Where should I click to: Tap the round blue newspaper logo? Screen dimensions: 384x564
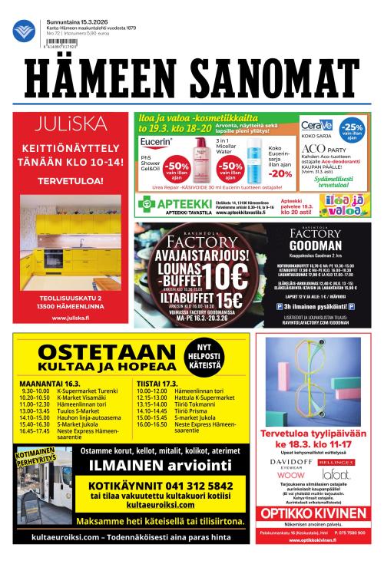pyautogui.click(x=23, y=31)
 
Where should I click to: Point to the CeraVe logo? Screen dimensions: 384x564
pyautogui.click(x=316, y=125)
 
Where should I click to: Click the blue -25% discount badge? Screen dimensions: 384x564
pyautogui.click(x=353, y=128)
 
